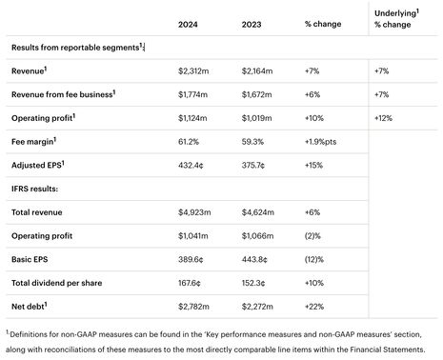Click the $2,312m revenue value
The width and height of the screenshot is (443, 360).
[x=196, y=71]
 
